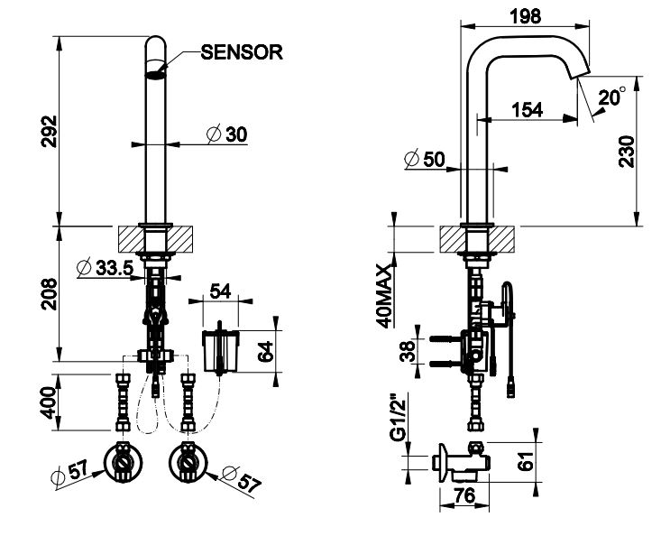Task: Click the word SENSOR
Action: (x=243, y=51)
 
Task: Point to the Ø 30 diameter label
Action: (x=226, y=134)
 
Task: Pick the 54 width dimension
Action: (x=219, y=291)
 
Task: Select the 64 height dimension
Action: (x=265, y=351)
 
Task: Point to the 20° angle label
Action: (x=611, y=97)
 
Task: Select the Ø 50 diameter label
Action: (x=426, y=159)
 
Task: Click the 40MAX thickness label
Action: (x=385, y=295)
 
